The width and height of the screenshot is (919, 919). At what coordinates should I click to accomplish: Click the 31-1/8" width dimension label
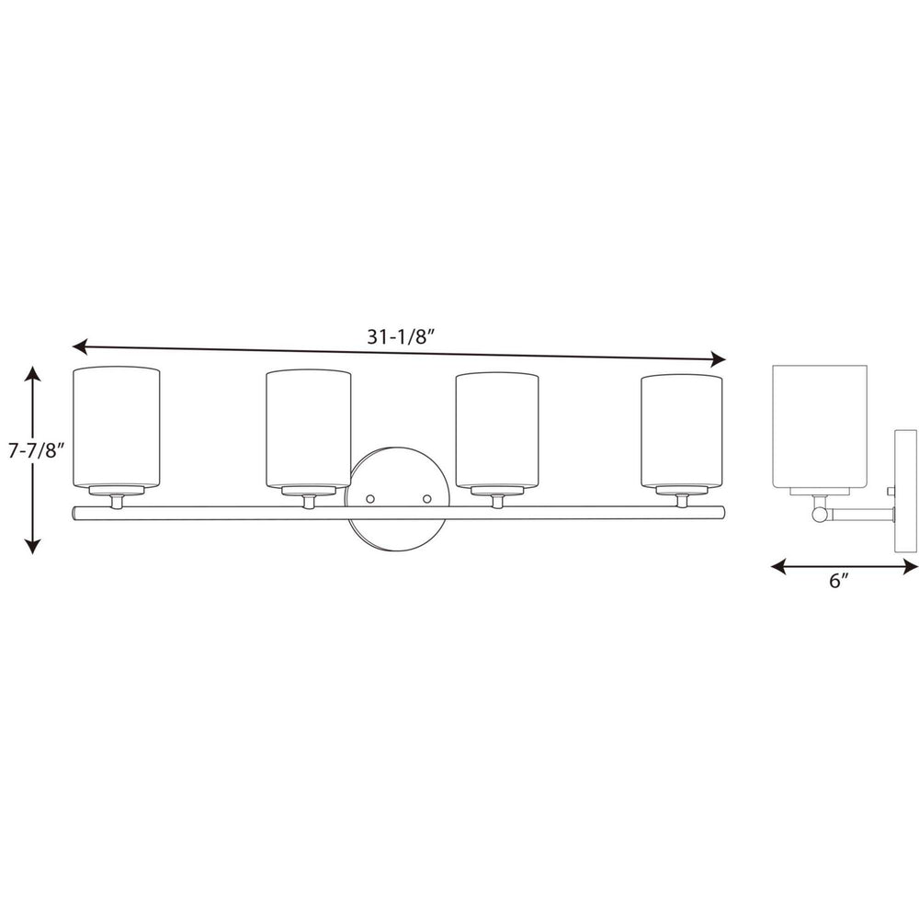pyautogui.click(x=400, y=336)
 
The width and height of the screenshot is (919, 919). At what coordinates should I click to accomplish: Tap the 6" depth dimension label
pyautogui.click(x=837, y=582)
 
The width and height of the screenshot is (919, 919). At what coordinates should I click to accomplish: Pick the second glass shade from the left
pyautogui.click(x=308, y=429)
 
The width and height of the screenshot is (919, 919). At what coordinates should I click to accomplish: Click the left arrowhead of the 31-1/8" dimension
pyautogui.click(x=79, y=346)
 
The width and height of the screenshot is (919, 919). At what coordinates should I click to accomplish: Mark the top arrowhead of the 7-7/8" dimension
pyautogui.click(x=33, y=373)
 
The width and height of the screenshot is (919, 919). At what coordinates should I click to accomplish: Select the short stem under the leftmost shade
pyautogui.click(x=117, y=501)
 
